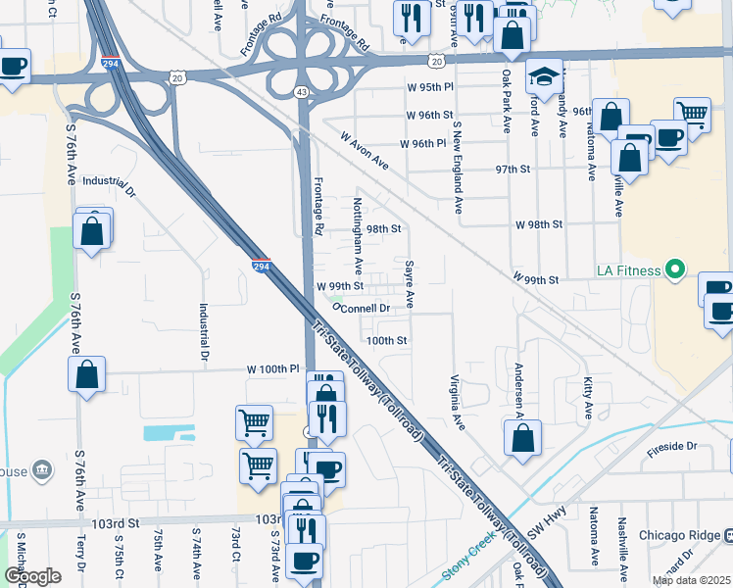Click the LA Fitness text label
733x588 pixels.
(626, 269)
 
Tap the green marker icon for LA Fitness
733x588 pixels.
(674, 269)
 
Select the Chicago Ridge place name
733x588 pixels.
(679, 536)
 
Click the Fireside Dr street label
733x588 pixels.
(670, 446)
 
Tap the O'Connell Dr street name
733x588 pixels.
(362, 308)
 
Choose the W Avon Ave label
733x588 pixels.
(365, 151)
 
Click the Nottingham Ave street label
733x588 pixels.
(359, 235)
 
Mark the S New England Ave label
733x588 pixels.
(457, 168)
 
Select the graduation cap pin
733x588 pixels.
(543, 75)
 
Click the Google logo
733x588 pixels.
(32, 576)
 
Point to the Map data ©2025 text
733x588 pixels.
(690, 580)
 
